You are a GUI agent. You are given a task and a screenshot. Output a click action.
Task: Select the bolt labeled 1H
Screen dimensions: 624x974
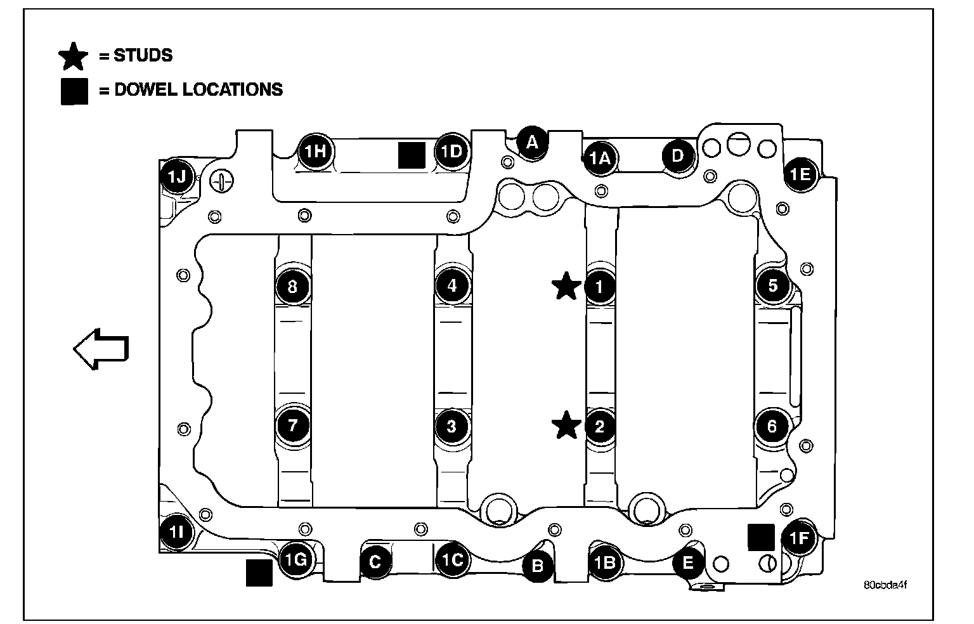tap(313, 151)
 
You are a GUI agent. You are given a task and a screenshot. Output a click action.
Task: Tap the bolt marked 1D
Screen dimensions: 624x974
tap(452, 151)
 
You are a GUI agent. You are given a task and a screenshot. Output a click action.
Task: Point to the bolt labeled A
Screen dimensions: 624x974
tap(532, 141)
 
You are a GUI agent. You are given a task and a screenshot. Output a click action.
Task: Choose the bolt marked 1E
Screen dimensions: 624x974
tap(800, 174)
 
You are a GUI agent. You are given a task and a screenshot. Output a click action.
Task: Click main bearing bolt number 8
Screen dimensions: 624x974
tap(292, 286)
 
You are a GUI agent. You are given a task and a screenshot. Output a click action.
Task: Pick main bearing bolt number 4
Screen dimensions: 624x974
tap(452, 285)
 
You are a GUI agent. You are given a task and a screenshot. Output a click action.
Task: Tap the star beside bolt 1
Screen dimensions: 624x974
tap(566, 286)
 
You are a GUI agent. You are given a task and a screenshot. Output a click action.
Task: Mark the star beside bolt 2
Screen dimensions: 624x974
tap(566, 425)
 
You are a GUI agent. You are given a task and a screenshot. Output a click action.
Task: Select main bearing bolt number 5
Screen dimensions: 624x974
tap(772, 285)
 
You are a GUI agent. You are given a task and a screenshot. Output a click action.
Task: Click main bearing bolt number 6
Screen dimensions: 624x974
tap(772, 426)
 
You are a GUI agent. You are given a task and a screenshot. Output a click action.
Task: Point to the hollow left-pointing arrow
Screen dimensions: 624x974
tap(101, 348)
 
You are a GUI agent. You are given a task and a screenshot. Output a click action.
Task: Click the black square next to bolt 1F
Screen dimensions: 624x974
tap(762, 536)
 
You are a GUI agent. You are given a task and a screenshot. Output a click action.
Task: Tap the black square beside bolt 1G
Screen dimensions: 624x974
tap(259, 573)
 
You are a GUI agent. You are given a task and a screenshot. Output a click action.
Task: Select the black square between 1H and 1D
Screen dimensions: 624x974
tap(412, 155)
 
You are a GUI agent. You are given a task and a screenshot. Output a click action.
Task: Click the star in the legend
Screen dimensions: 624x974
tap(74, 56)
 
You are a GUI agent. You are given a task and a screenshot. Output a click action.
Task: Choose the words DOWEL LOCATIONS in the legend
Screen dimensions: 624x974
tap(198, 89)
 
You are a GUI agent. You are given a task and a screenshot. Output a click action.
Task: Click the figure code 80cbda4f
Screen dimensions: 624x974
tap(885, 585)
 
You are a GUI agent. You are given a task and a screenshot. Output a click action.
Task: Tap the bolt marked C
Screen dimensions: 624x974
tap(375, 561)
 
